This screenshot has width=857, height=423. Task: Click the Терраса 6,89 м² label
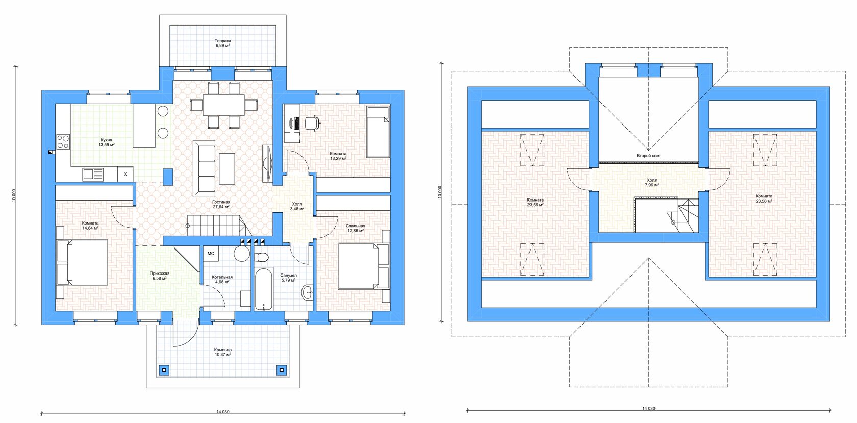(222, 43)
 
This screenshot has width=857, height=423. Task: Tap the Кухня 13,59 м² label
(106, 142)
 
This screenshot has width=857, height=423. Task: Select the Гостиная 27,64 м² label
(221, 204)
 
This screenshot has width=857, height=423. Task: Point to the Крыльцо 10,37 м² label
(222, 352)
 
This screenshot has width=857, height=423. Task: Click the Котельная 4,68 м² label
(222, 279)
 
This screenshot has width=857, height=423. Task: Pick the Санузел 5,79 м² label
(289, 278)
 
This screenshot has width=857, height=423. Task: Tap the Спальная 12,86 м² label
(356, 228)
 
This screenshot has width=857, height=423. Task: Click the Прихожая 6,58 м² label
(160, 276)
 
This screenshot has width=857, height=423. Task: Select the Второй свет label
(648, 156)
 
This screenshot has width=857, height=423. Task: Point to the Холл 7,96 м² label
(652, 182)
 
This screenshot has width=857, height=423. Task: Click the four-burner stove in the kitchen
(63, 142)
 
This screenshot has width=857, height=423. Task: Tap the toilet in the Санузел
(262, 257)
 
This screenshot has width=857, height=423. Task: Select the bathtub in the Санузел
(264, 289)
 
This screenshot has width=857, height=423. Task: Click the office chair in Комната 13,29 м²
(312, 123)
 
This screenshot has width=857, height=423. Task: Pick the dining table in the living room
(224, 105)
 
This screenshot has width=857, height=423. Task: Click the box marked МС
(211, 254)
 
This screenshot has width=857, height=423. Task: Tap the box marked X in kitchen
(125, 174)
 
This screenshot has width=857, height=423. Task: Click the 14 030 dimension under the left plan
(222, 412)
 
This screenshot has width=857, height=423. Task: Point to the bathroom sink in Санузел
(307, 293)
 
